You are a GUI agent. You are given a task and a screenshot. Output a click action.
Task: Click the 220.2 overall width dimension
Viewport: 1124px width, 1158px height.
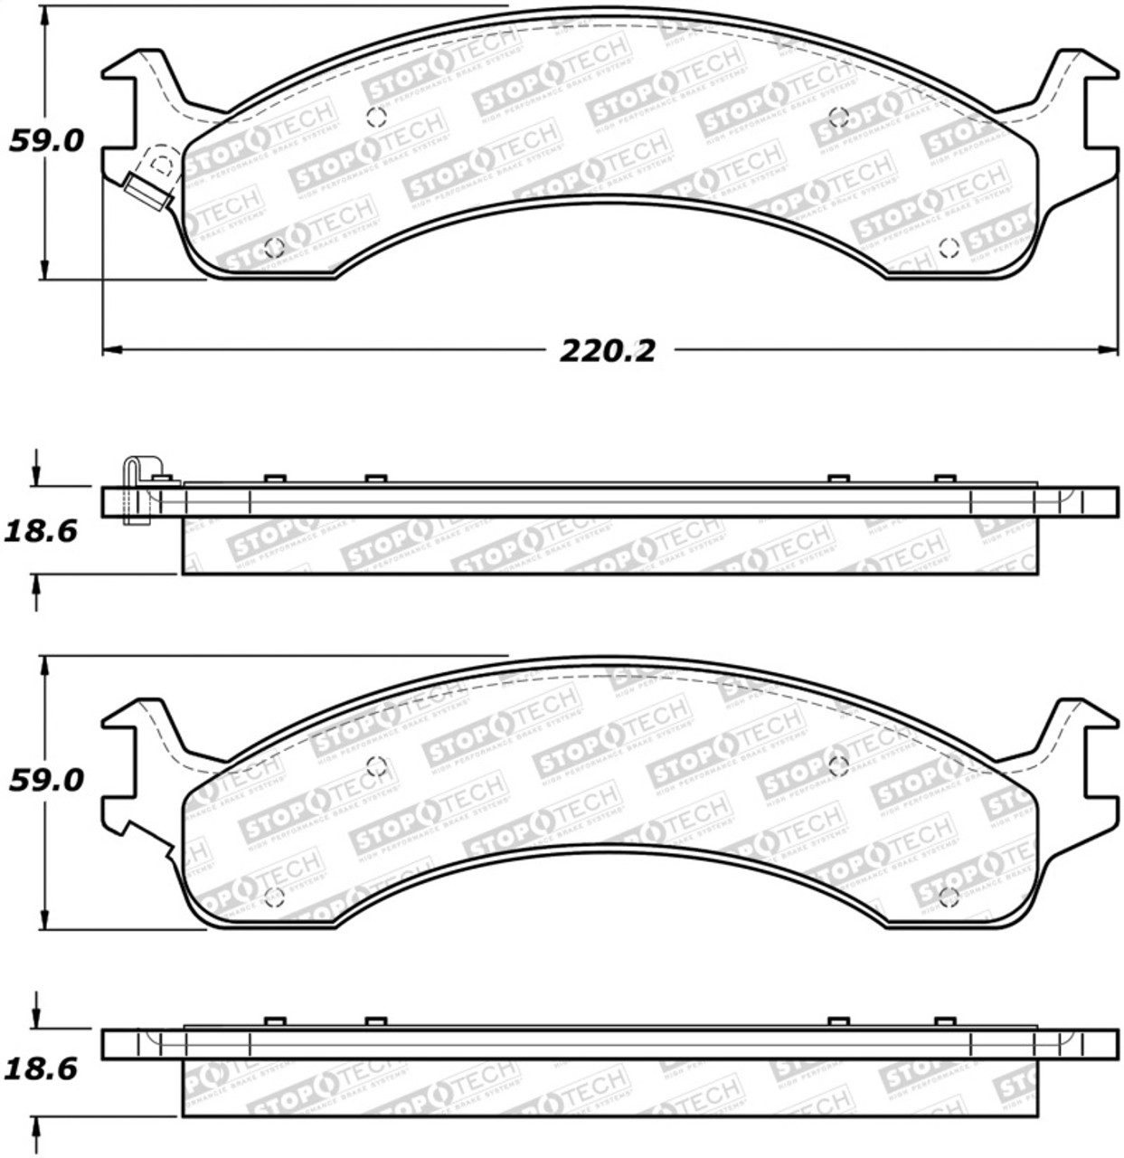coord(607,350)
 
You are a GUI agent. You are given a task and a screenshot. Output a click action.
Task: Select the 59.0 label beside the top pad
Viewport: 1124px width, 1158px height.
coord(46,141)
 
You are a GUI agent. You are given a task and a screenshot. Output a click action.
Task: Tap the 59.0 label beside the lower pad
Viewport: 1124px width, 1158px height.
coord(46,780)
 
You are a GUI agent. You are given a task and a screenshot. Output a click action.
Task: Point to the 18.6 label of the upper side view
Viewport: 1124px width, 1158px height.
coord(41,531)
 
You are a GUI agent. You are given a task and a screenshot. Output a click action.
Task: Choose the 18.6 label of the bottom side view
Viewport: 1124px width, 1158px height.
coord(41,1069)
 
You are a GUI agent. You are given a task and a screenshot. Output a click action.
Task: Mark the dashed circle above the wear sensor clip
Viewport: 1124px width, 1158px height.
coord(162,164)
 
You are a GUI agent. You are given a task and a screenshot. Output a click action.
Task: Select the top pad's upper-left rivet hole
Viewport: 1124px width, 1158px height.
coord(377,117)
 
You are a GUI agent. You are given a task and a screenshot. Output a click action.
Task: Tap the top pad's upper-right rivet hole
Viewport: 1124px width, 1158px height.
coord(838,117)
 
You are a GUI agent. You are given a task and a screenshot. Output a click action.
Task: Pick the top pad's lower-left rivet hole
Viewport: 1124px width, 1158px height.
coord(274,247)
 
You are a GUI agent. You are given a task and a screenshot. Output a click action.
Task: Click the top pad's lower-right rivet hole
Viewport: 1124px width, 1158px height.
coord(949,248)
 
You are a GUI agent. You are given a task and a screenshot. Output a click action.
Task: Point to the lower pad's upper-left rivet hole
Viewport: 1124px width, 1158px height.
coord(377,766)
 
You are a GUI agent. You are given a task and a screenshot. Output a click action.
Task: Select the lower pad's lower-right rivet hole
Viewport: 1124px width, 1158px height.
coord(949,897)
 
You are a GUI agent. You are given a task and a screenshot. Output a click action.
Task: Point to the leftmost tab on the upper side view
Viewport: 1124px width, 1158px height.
coord(275,479)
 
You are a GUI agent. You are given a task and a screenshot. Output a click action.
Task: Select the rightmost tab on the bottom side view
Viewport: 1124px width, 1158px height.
coord(945,1020)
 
